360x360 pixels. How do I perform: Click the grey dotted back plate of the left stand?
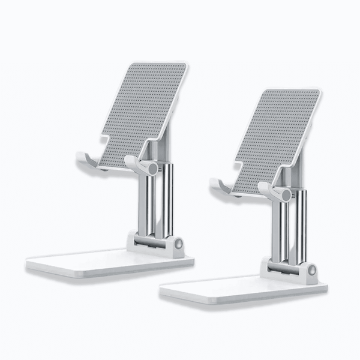pyautogui.click(x=144, y=108)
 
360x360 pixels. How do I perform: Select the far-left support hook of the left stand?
pyautogui.click(x=86, y=161)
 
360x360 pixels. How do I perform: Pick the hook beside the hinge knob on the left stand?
pyautogui.click(x=136, y=164)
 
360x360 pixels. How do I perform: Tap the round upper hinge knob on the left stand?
pyautogui.click(x=152, y=169)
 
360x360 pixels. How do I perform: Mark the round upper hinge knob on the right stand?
pyautogui.click(x=286, y=195)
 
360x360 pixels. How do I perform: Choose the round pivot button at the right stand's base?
pyautogui.click(x=311, y=271)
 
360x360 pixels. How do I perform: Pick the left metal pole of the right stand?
pyautogui.click(x=277, y=231)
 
